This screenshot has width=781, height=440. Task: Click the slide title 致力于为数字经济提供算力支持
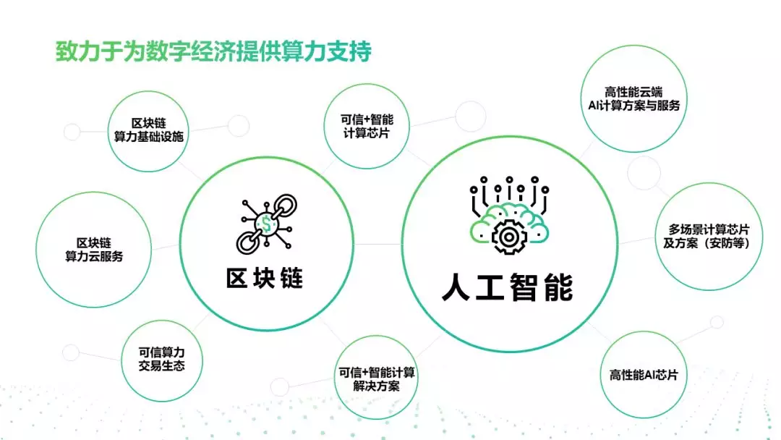pyautogui.click(x=213, y=51)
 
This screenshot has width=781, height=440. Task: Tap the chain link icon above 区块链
pyautogui.click(x=266, y=224)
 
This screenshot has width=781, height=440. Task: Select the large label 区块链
pyautogui.click(x=265, y=278)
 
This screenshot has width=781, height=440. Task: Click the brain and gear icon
pyautogui.click(x=509, y=215)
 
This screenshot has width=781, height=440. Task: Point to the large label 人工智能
pyautogui.click(x=508, y=287)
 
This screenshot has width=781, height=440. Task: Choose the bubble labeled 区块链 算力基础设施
pyautogui.click(x=148, y=131)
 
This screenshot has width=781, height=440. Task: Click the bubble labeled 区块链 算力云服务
pyautogui.click(x=93, y=249)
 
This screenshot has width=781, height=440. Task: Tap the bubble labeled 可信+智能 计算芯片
pyautogui.click(x=367, y=126)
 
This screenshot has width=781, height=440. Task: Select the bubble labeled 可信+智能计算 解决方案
pyautogui.click(x=376, y=378)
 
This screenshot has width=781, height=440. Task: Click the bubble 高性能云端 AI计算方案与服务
pyautogui.click(x=634, y=98)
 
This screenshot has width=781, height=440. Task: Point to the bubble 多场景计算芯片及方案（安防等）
pyautogui.click(x=709, y=236)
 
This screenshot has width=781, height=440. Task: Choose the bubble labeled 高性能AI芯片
pyautogui.click(x=644, y=375)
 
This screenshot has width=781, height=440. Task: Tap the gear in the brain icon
pyautogui.click(x=508, y=237)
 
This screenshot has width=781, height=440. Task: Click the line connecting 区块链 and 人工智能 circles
pyautogui.click(x=377, y=244)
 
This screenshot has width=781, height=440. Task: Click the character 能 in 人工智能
pyautogui.click(x=559, y=287)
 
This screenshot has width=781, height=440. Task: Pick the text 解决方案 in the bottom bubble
pyautogui.click(x=376, y=386)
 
